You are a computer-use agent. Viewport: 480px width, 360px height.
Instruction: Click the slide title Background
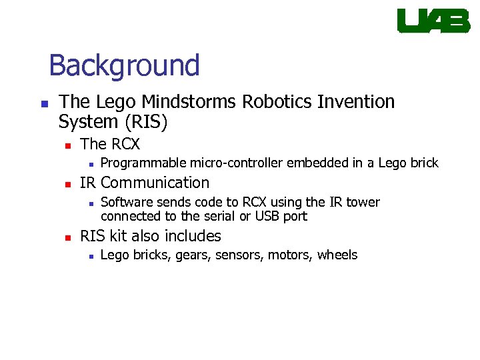coord(124,65)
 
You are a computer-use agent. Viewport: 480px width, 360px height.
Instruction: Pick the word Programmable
coord(143,163)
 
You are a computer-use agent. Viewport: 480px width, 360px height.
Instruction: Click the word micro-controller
coord(237,163)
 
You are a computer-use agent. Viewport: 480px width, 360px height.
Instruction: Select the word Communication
coord(155,183)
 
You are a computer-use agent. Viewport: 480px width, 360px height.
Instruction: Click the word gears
coord(192,255)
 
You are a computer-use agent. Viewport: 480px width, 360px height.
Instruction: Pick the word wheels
coord(337,255)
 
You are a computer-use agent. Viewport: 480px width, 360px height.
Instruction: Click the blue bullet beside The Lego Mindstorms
coord(44,103)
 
